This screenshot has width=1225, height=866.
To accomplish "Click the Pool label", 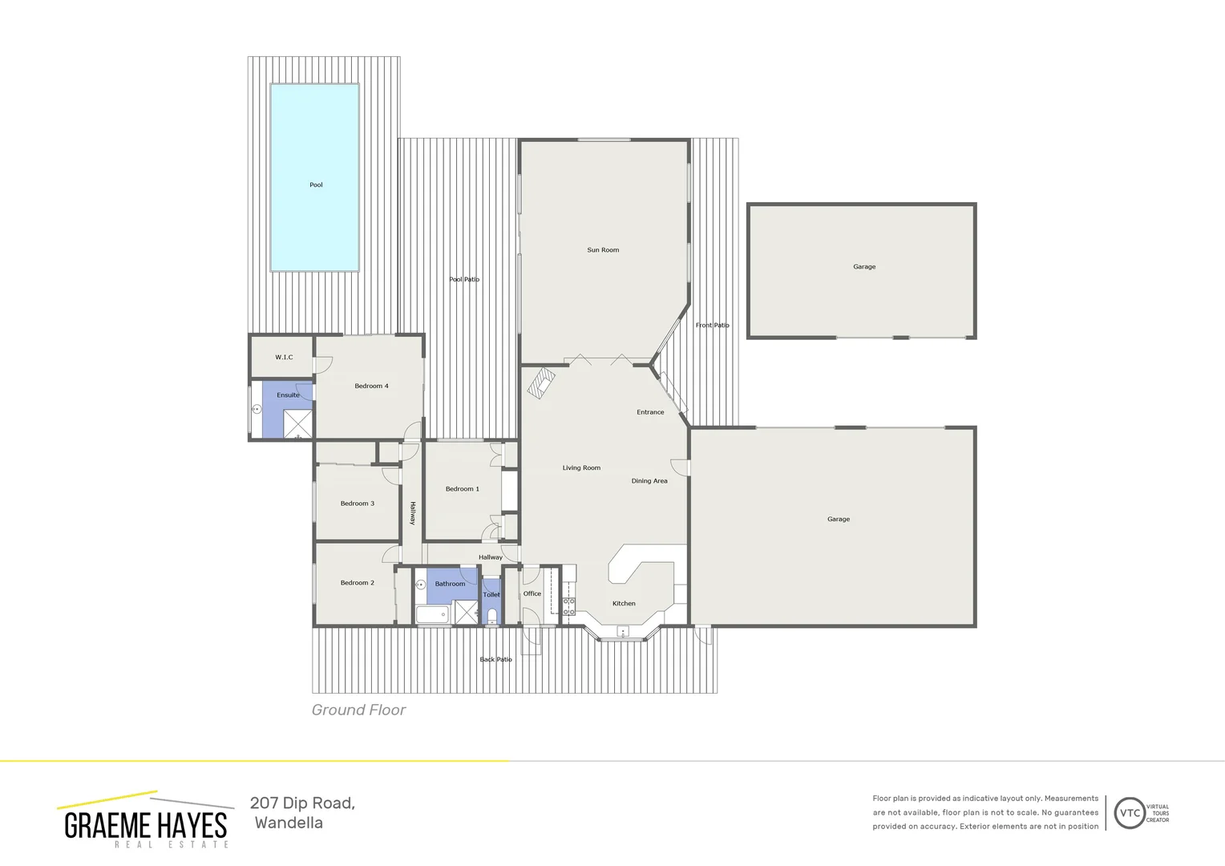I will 316,185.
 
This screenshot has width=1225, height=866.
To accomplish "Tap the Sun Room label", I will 603,250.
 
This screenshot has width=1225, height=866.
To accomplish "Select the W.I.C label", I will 284,358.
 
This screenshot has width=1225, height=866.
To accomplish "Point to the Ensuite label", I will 288,395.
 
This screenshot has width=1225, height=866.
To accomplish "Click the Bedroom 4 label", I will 371,386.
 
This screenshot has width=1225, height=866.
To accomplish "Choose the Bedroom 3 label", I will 357,504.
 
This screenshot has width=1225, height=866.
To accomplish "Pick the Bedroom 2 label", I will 357,583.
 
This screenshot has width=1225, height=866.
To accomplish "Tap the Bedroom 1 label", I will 462,489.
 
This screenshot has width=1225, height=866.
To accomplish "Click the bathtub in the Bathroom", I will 433,616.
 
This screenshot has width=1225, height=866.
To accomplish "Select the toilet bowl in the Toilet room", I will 492,616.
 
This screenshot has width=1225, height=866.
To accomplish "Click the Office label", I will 532,594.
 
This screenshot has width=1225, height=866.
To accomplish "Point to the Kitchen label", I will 624,604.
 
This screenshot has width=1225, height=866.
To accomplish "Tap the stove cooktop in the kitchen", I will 568,606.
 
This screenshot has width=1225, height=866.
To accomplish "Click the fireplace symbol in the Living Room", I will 540,382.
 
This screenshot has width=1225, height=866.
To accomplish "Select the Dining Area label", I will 649,481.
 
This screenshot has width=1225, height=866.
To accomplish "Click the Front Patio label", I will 712,326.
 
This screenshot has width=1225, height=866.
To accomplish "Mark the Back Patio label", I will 495,660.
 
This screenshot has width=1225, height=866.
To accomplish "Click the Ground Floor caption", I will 358,710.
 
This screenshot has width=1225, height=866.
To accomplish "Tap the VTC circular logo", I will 1130,813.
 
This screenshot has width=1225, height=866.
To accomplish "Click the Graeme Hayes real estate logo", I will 145,821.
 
